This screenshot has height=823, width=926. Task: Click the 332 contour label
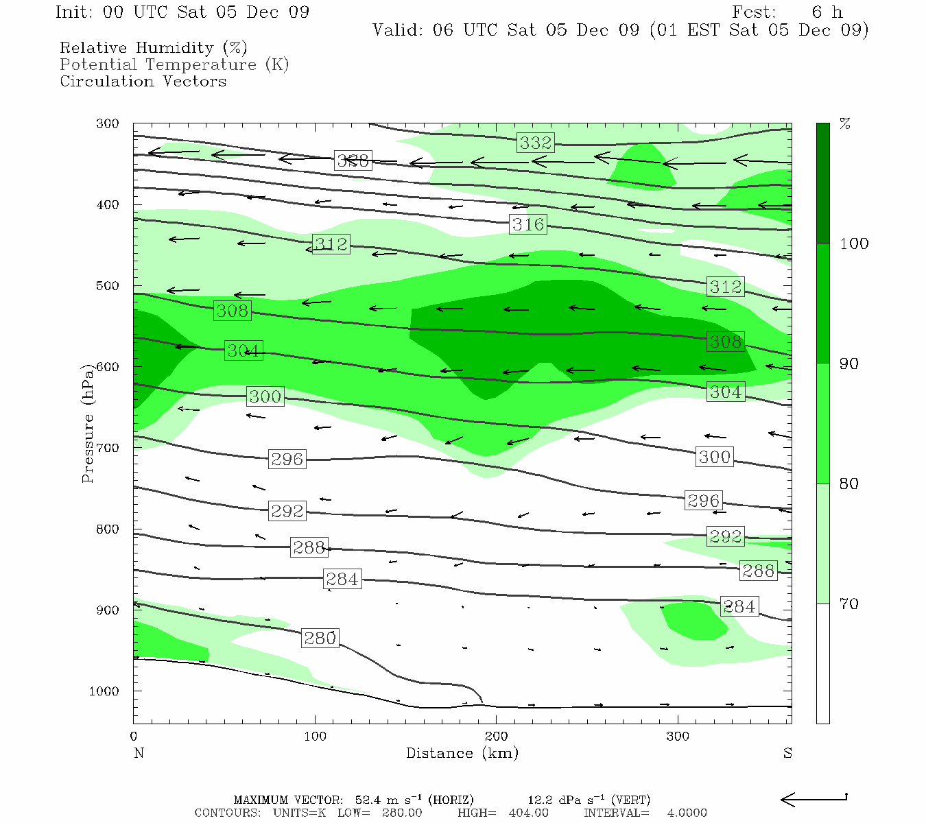[536, 143]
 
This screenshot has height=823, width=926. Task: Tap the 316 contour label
[528, 224]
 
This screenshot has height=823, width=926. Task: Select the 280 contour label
[320, 638]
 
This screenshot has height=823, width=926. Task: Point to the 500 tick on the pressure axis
[108, 286]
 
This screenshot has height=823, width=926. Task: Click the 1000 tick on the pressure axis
[104, 691]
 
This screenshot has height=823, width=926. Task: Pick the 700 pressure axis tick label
[108, 448]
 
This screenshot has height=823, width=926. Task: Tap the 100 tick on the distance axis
[315, 737]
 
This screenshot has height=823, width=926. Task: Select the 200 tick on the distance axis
[497, 737]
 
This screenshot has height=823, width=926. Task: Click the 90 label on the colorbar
[849, 364]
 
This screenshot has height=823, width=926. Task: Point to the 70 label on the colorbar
[849, 604]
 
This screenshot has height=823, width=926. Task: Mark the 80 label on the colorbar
[849, 484]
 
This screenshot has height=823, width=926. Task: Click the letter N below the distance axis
[139, 753]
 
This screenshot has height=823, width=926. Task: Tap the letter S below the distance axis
[787, 753]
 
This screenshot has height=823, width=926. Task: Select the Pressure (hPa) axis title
[88, 424]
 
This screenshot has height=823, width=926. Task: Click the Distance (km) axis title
[462, 753]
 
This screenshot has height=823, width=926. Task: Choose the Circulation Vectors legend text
[143, 82]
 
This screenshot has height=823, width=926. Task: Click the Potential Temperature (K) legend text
[174, 65]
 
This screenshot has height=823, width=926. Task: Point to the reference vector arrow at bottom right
[814, 799]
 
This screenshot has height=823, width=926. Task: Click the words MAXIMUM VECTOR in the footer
[287, 800]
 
